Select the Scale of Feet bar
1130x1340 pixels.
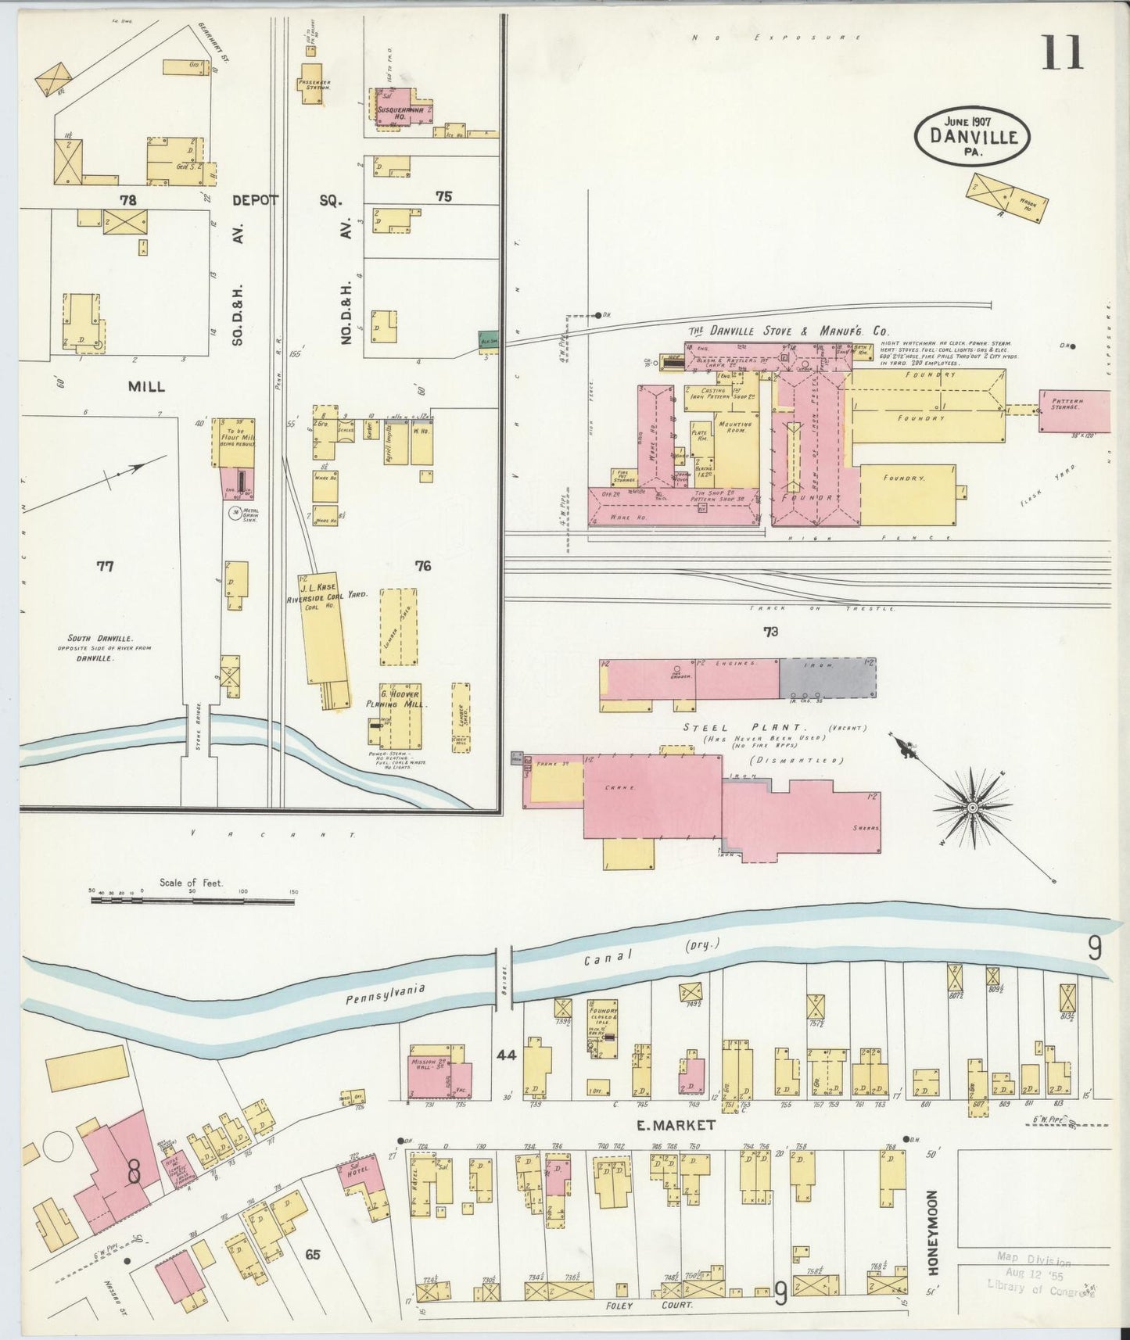[192, 901]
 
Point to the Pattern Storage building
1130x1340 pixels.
[1074, 410]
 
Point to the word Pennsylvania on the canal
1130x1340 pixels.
[385, 994]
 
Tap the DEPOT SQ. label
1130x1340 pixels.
[286, 200]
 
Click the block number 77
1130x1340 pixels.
[105, 566]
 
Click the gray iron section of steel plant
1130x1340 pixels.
[827, 677]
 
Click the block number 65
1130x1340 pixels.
[313, 1255]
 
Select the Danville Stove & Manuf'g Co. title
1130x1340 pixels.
[787, 331]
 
